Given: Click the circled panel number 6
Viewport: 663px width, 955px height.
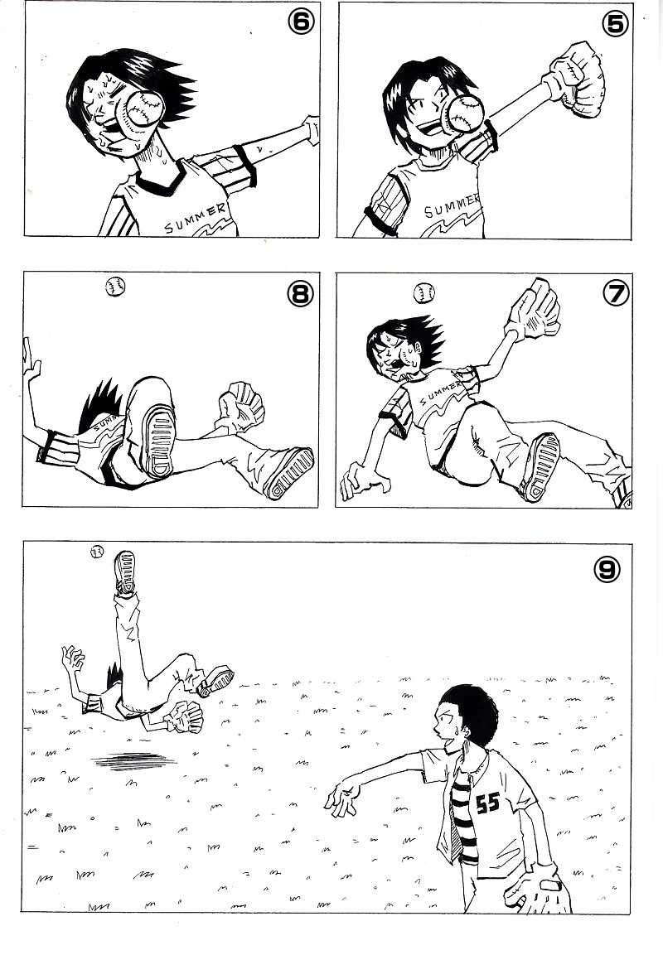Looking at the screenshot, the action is [x=300, y=22].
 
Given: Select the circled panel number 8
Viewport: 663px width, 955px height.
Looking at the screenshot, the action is [x=300, y=294].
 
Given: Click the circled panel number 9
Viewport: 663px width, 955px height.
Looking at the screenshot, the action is [x=607, y=570].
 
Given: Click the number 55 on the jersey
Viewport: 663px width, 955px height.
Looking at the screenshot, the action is [x=487, y=804].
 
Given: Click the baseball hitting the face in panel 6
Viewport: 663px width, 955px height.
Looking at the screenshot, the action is [x=144, y=109].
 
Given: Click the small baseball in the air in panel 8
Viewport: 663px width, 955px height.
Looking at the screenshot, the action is [x=115, y=287].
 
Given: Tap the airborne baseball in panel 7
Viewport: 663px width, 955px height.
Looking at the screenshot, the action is [x=424, y=293].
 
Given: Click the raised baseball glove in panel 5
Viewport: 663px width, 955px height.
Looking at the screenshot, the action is [x=576, y=80].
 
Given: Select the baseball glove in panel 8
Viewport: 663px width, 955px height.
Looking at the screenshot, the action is [x=241, y=406].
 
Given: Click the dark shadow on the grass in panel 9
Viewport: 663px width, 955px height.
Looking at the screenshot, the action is [x=133, y=760].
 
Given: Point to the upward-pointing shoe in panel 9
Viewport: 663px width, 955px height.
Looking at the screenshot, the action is [x=125, y=572].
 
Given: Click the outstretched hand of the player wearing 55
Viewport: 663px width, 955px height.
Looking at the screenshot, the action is [x=342, y=798].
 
